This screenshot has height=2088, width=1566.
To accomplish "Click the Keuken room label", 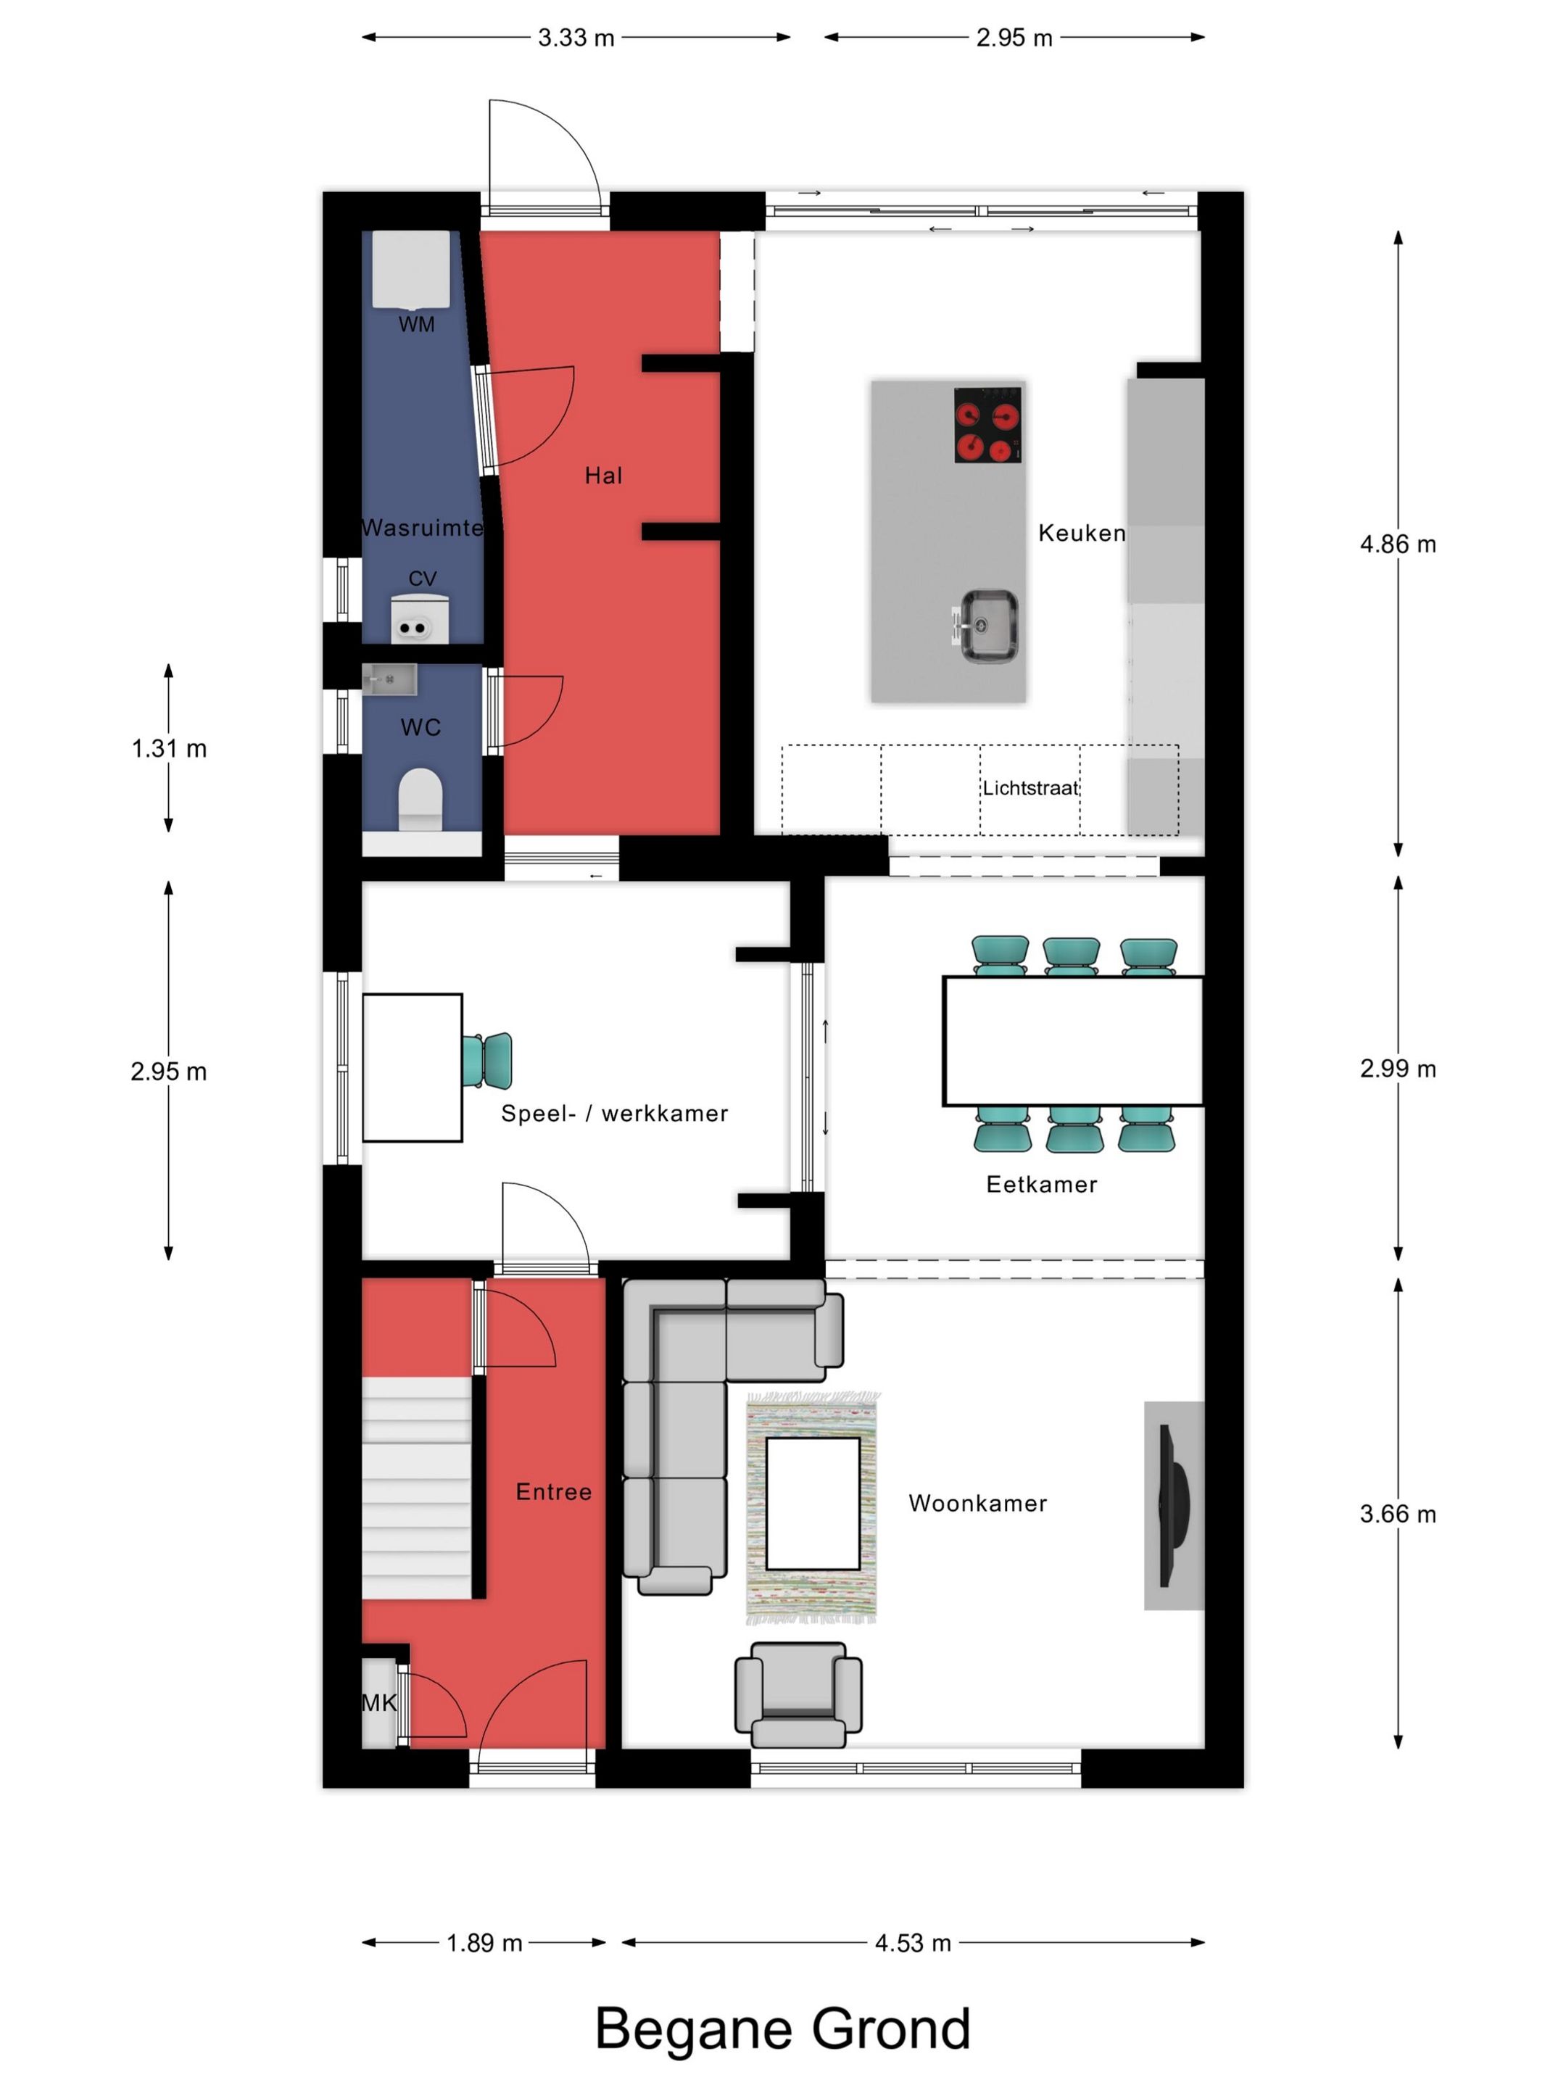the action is click(1082, 534).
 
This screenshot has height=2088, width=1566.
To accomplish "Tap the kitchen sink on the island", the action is click(985, 625).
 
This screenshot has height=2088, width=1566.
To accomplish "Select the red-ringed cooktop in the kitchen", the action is click(988, 425).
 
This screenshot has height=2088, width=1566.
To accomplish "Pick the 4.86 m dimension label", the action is click(1398, 544).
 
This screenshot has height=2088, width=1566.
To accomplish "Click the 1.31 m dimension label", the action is click(169, 748).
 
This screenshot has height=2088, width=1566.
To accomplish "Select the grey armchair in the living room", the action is click(797, 1694).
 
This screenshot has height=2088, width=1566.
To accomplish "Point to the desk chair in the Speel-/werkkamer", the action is click(487, 1060).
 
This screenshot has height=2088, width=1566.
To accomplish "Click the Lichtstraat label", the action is click(1029, 788).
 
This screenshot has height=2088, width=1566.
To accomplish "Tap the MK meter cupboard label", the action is click(379, 1703).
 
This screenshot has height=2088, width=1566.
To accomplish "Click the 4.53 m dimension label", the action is click(913, 1942).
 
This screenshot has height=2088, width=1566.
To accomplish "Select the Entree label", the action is click(554, 1492).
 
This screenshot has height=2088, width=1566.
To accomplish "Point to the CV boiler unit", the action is click(420, 618).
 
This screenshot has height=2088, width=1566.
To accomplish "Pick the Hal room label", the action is click(603, 476).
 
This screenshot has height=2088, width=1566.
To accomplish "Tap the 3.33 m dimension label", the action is click(576, 38).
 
